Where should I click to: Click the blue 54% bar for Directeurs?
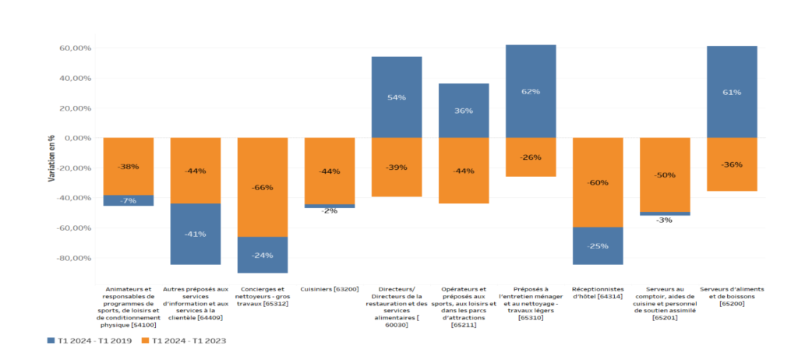point(396,97)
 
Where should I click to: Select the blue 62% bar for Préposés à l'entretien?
point(530,91)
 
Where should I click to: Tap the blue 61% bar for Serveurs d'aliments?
point(732,92)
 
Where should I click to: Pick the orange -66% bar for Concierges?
point(262,187)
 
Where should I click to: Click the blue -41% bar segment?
point(195,234)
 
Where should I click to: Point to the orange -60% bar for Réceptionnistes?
point(598,182)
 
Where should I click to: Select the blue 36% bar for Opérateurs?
point(463,110)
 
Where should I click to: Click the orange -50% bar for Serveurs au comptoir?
point(665,175)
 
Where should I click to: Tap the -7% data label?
point(128,201)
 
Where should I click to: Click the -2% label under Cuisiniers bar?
point(329,211)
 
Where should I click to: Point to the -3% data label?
point(665,221)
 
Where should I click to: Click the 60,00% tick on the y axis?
point(76,48)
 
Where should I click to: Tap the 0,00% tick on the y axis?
point(78,138)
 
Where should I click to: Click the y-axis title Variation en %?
point(51,157)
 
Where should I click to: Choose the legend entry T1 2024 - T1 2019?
point(90,341)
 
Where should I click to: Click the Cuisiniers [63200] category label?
point(329,289)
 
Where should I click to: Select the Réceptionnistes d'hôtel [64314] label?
point(598,293)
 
